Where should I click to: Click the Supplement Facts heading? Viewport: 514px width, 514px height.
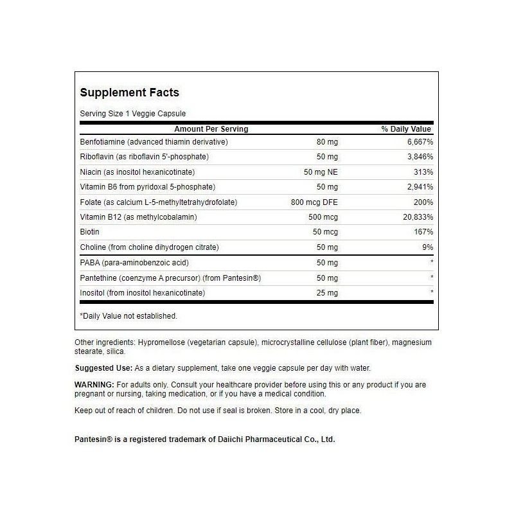[129, 93]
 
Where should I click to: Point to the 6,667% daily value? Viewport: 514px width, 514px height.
[418, 141]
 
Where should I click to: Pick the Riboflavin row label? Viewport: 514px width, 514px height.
[145, 157]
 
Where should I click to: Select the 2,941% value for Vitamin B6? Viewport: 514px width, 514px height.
[418, 187]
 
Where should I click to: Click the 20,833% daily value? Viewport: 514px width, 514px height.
[416, 217]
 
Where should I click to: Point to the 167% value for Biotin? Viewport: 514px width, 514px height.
[422, 232]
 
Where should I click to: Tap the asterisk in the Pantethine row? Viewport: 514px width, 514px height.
[432, 278]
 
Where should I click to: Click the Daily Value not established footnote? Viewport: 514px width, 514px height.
[128, 316]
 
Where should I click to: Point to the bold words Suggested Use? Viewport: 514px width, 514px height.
[103, 368]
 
